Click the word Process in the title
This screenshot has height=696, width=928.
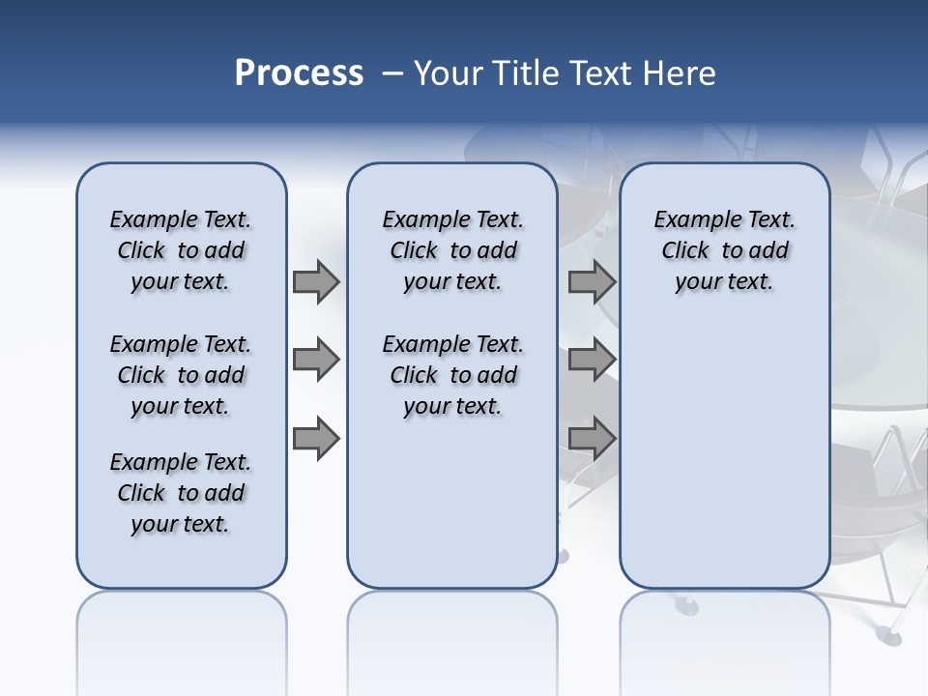coord(299,72)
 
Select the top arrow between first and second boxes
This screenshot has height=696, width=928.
coord(315,281)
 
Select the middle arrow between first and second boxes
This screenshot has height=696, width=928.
coord(315,360)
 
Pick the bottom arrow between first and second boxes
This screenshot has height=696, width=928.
coord(315,438)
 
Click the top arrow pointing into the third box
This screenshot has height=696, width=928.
coord(591,281)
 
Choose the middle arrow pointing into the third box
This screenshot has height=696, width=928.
coord(591,360)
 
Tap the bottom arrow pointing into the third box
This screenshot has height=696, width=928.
coord(591,438)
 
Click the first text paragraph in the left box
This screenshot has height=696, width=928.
coord(181,250)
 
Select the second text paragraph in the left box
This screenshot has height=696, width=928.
coord(181,375)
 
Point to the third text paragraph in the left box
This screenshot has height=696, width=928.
coord(181,493)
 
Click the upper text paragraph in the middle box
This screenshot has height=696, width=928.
coord(452,250)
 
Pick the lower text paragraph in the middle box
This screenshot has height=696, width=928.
coord(452,375)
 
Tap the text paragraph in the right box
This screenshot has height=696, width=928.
coord(725,250)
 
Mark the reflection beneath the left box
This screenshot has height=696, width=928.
coord(182,628)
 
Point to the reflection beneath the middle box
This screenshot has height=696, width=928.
coord(452,628)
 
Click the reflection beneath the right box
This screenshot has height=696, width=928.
coord(725,628)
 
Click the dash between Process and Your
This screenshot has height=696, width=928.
coord(392,73)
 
